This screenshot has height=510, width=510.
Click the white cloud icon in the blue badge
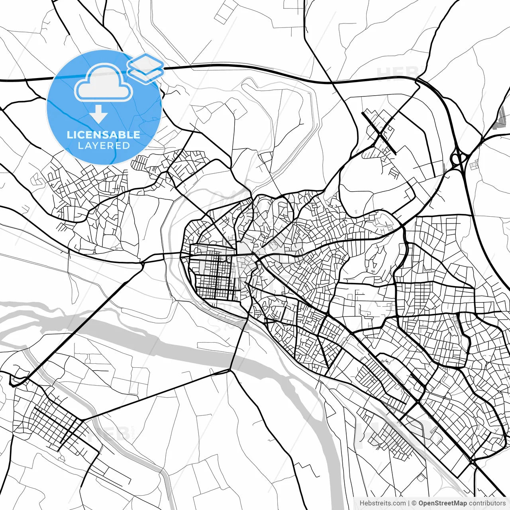click(104, 83)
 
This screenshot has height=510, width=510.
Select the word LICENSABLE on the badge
click(104, 135)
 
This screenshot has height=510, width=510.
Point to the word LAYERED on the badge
click(104, 145)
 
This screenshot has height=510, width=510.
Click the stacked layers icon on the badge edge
click(146, 68)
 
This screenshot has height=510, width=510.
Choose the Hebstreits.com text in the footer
click(382, 503)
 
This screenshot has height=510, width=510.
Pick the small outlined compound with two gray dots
click(474, 165)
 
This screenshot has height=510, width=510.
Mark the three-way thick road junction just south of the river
click(230, 370)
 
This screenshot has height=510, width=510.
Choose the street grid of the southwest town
click(52, 422)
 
